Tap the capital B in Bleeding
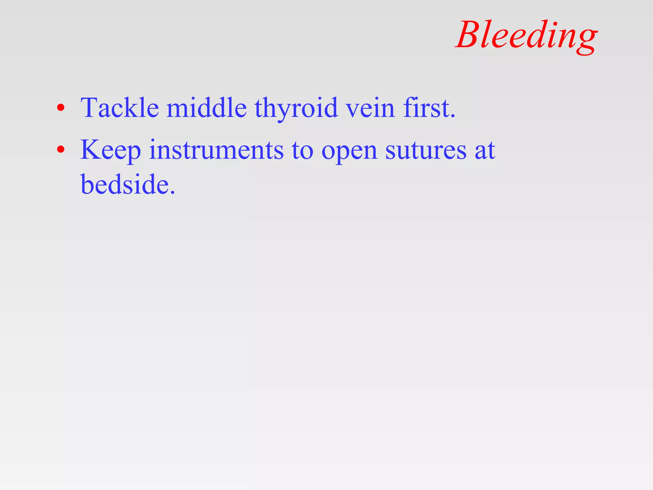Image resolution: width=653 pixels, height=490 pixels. click(x=471, y=34)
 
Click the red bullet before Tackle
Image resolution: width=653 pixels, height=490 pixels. click(x=61, y=108)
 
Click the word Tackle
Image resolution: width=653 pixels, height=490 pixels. click(x=120, y=108)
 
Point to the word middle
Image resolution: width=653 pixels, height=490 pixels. click(x=206, y=108)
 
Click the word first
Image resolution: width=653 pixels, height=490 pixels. click(x=426, y=108)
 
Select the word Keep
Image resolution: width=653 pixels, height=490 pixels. click(x=110, y=150)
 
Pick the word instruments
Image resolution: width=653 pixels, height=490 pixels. click(x=216, y=150)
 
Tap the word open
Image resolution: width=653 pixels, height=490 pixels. click(x=349, y=152)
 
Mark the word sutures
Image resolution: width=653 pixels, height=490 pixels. click(x=426, y=151)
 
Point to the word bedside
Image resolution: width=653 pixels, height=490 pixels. click(x=124, y=184)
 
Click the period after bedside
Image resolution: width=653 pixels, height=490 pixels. click(x=172, y=192)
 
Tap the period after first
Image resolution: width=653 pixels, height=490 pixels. click(x=453, y=116)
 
